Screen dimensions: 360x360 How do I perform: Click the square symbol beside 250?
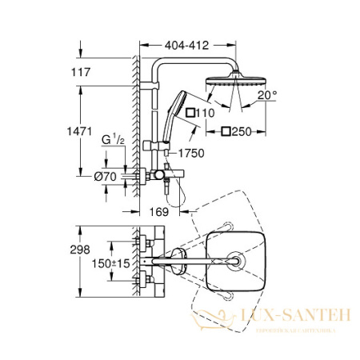coord(227,131)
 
